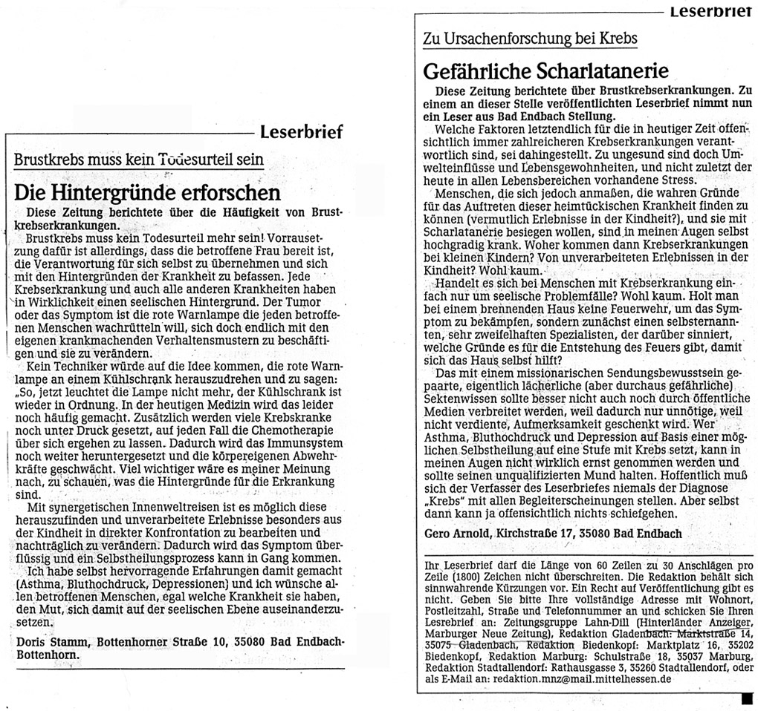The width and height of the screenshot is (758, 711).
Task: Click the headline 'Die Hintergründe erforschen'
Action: coord(147,192)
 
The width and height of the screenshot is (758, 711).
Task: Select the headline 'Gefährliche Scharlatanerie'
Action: coord(546,71)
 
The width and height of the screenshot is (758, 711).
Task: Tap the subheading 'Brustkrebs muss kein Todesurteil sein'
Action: coord(139,159)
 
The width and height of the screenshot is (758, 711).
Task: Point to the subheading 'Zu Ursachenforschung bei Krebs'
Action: coord(530,39)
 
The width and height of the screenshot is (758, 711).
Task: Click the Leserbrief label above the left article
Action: coord(301,133)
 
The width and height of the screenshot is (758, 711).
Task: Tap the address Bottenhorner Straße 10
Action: coord(151,641)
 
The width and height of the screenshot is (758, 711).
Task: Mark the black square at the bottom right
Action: coord(747,698)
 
